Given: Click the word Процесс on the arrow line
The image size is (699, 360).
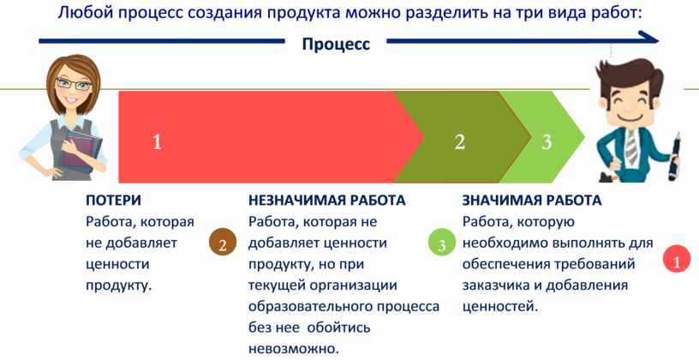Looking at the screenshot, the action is pyautogui.click(x=336, y=45).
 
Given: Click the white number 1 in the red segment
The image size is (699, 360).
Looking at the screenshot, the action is pyautogui.click(x=157, y=142).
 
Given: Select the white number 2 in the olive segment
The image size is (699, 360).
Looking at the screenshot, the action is pyautogui.click(x=460, y=142).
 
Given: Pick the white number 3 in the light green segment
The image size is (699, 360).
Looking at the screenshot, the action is pyautogui.click(x=547, y=142).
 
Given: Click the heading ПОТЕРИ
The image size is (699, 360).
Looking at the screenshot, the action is pyautogui.click(x=113, y=201).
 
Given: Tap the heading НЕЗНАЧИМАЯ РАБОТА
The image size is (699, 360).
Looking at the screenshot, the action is pyautogui.click(x=327, y=201).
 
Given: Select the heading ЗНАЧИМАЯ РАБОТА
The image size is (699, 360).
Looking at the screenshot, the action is pyautogui.click(x=532, y=201).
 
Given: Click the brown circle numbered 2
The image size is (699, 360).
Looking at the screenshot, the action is pyautogui.click(x=223, y=243).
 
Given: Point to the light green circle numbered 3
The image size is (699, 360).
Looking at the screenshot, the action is pyautogui.click(x=442, y=244).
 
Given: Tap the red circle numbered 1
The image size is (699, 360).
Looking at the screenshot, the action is pyautogui.click(x=677, y=259).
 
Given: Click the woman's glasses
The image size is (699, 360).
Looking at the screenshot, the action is pyautogui.click(x=73, y=84).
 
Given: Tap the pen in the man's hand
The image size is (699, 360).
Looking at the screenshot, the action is pyautogui.click(x=673, y=155).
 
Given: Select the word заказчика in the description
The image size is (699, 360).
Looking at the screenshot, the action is pyautogui.click(x=495, y=285).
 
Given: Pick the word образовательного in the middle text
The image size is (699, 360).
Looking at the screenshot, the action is pyautogui.click(x=311, y=307).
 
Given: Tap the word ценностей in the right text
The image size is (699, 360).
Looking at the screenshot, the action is pyautogui.click(x=498, y=307).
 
